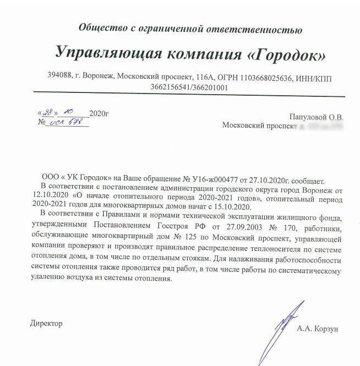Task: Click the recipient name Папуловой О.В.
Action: pos(316,117)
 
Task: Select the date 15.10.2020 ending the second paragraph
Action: pos(232,206)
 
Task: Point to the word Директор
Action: pos(46,323)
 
